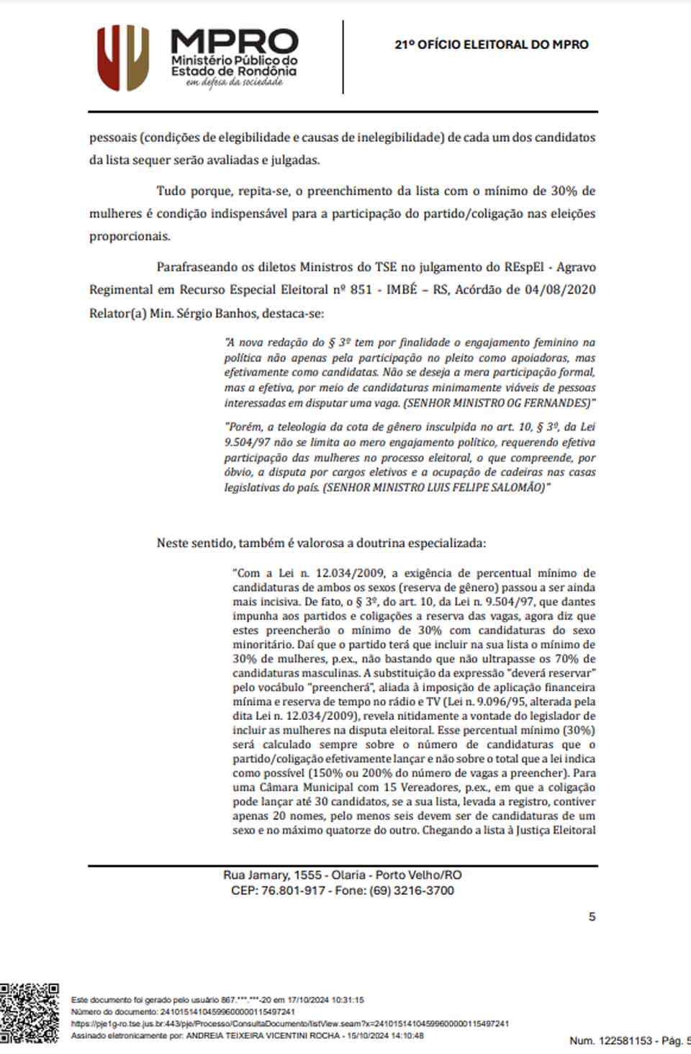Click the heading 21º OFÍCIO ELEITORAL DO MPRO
pyautogui.click(x=491, y=45)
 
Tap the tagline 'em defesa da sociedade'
pyautogui.click(x=234, y=83)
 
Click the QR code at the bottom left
pyautogui.click(x=30, y=1012)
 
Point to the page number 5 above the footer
pyautogui.click(x=592, y=916)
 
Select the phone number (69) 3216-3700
pyautogui.click(x=412, y=891)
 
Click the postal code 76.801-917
pyautogui.click(x=293, y=891)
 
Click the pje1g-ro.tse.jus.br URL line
pyautogui.click(x=290, y=1024)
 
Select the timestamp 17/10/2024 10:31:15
pyautogui.click(x=325, y=1000)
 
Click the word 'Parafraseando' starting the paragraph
pyautogui.click(x=197, y=267)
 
